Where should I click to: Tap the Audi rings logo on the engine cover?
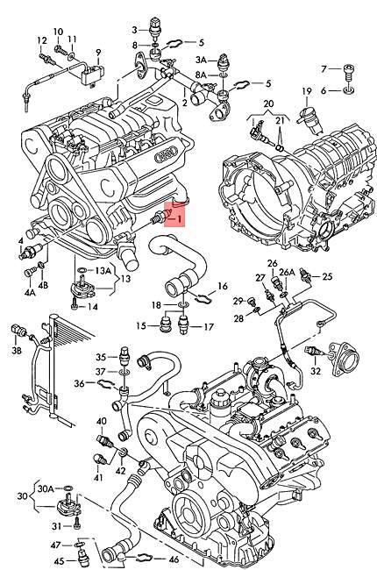pos(164,156)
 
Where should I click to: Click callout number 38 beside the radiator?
pos(16,351)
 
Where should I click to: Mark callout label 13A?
pos(104,271)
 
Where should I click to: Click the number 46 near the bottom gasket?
pos(174,559)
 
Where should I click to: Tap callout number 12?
pos(41,40)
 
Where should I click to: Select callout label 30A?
pos(45,488)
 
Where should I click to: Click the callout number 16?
pos(222,286)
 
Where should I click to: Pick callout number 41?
pos(98,477)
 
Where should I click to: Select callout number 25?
pos(327,276)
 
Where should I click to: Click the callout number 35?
pos(101,356)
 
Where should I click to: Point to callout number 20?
pos(268,103)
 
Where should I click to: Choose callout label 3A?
pos(201,60)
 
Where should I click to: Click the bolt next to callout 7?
pos(348,70)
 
